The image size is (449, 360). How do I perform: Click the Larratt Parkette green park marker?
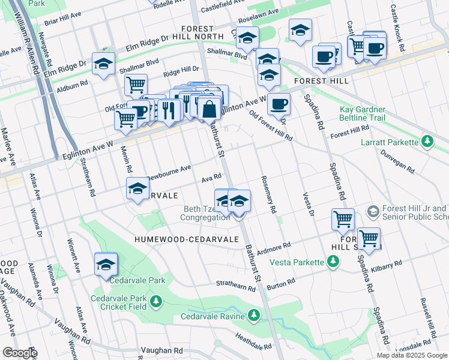tap(427, 142)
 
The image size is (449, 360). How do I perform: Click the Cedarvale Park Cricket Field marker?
tap(156, 301)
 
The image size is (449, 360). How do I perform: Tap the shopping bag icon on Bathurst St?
tap(209, 109)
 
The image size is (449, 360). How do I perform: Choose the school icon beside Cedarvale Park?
tap(106, 265)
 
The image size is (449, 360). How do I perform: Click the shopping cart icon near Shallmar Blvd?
tap(136, 85)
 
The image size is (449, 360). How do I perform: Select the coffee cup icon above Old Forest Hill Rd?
tap(279, 104)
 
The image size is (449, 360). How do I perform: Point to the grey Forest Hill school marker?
tap(373, 211)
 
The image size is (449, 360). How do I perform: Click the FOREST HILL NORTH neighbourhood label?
tap(198, 33)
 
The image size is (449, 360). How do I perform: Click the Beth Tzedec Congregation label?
tap(206, 214)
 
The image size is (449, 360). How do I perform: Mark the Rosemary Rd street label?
tap(268, 195)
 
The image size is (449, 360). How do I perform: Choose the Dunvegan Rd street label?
tap(394, 161)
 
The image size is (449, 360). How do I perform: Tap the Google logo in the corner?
tap(19, 353)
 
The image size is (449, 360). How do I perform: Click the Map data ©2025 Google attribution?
tap(412, 355)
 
